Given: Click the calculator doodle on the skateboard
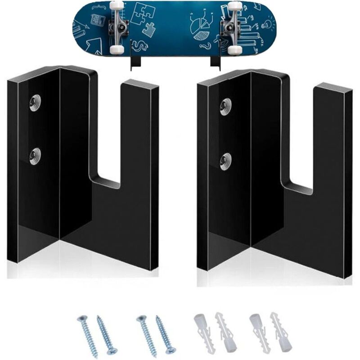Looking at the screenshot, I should (x=96, y=20).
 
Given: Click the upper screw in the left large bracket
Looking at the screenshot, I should (x=35, y=102).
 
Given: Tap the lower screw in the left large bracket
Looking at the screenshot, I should (x=35, y=156).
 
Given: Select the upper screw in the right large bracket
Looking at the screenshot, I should (x=225, y=105).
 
